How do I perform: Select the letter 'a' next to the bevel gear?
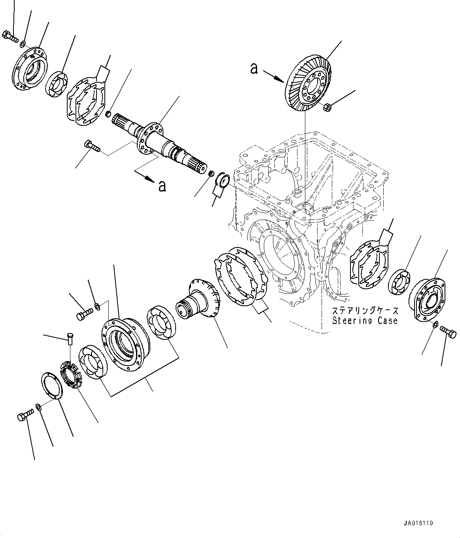[x=254, y=69]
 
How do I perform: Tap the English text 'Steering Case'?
[x=364, y=320]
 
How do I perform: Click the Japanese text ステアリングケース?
[x=364, y=311]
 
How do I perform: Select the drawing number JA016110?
[x=418, y=523]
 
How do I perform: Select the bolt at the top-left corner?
[x=10, y=36]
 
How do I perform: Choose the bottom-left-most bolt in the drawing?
[x=23, y=417]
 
